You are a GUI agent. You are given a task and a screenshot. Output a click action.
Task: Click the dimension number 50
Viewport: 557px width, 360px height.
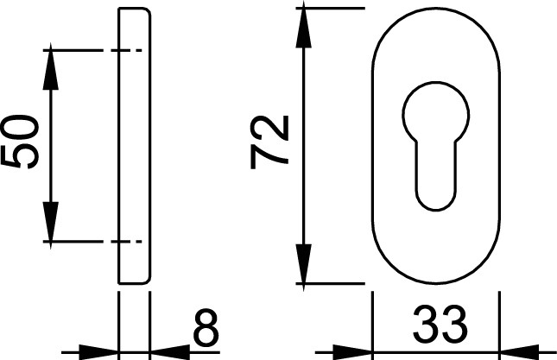pyautogui.click(x=20, y=142)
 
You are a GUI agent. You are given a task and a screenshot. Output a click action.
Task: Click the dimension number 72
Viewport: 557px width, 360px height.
pyautogui.click(x=269, y=142)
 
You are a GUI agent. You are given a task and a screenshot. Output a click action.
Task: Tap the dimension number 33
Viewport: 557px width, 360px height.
pyautogui.click(x=440, y=323)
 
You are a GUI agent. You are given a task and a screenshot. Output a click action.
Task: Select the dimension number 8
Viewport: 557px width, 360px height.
pyautogui.click(x=206, y=327)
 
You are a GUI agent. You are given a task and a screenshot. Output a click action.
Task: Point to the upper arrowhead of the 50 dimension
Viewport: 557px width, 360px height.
pyautogui.click(x=51, y=66)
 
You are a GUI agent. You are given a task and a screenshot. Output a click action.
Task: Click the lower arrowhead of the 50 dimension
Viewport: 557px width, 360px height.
pyautogui.click(x=51, y=225)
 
